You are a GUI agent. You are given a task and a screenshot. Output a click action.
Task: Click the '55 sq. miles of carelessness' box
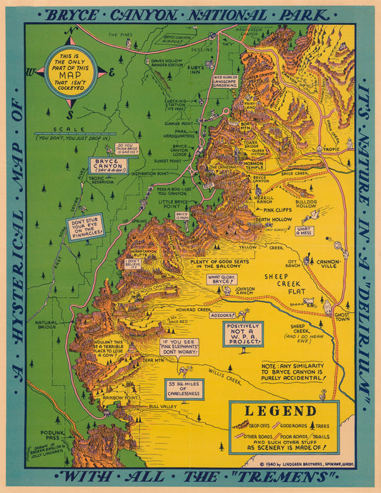pos(184,389)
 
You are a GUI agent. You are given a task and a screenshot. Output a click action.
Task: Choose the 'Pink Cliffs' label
pos(277,210)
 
